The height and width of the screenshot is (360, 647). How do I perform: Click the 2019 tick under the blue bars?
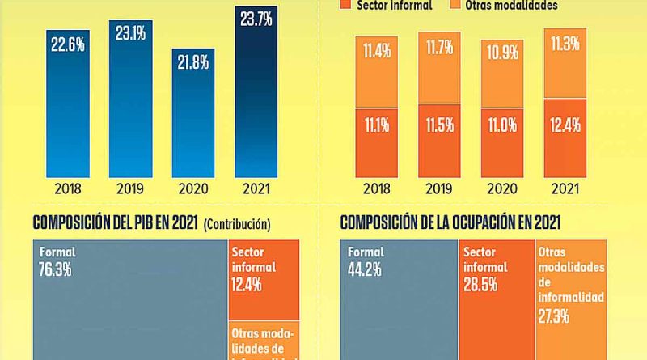130,190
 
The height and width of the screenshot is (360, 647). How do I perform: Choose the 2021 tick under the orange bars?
565,190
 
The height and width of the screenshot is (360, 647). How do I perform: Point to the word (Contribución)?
238,224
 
